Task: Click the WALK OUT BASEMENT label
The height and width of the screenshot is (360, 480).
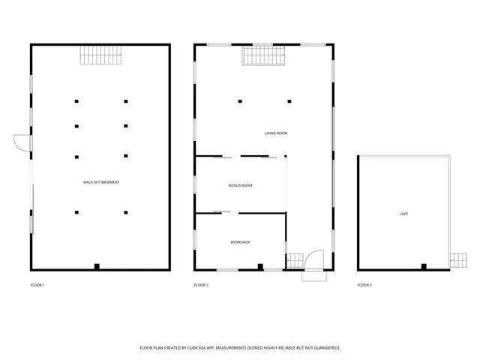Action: (101, 182)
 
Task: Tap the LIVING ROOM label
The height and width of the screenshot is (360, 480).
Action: (276, 133)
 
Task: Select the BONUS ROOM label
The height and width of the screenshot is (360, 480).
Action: (241, 185)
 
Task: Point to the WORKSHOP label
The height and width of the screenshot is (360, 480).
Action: (240, 242)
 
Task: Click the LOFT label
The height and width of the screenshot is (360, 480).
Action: (404, 214)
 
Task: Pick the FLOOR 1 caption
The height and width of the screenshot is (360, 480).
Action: (37, 285)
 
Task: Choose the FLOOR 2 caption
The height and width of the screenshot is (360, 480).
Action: (201, 285)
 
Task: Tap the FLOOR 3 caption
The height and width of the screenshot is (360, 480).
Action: (364, 285)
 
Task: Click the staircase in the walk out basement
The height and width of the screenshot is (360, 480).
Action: (100, 55)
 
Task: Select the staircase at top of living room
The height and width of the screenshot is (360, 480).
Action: (263, 55)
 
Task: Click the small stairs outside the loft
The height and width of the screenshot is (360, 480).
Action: (457, 260)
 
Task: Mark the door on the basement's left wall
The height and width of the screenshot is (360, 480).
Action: (22, 144)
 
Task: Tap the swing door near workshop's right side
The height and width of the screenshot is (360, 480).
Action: (315, 259)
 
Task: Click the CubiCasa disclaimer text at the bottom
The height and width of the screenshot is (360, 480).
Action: (240, 348)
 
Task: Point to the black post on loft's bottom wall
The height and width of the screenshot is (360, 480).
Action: (424, 266)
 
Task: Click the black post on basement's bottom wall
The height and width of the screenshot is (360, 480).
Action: (97, 266)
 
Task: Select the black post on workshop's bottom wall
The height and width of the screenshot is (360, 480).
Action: (260, 266)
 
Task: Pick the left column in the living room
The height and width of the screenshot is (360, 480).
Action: (240, 101)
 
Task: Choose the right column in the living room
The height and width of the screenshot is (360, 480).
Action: (289, 101)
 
